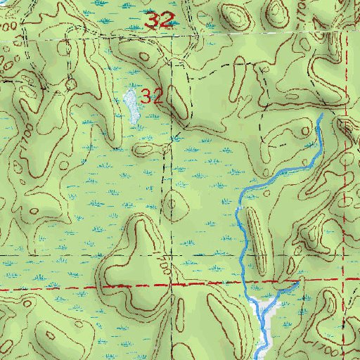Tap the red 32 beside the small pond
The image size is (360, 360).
(150, 96)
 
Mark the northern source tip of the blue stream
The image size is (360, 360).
(322, 114)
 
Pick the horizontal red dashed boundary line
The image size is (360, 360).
(105, 287)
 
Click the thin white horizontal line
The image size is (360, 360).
(70, 41)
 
